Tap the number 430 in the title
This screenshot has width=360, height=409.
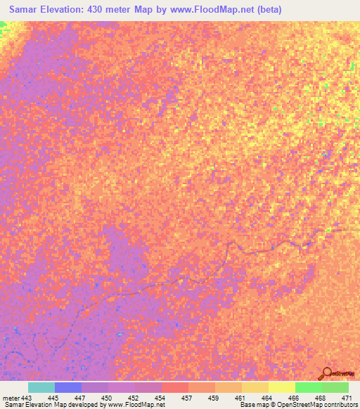[113, 10]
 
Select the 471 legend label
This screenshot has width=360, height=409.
[347, 398]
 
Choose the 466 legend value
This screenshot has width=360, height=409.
[295, 398]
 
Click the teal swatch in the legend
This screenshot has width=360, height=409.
[41, 387]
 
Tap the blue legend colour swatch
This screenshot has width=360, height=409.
[68, 387]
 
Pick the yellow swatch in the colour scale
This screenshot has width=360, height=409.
[281, 387]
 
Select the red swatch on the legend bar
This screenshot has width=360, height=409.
[174, 387]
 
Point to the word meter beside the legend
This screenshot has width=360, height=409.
[11, 398]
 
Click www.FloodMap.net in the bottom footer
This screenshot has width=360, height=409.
[136, 405]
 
